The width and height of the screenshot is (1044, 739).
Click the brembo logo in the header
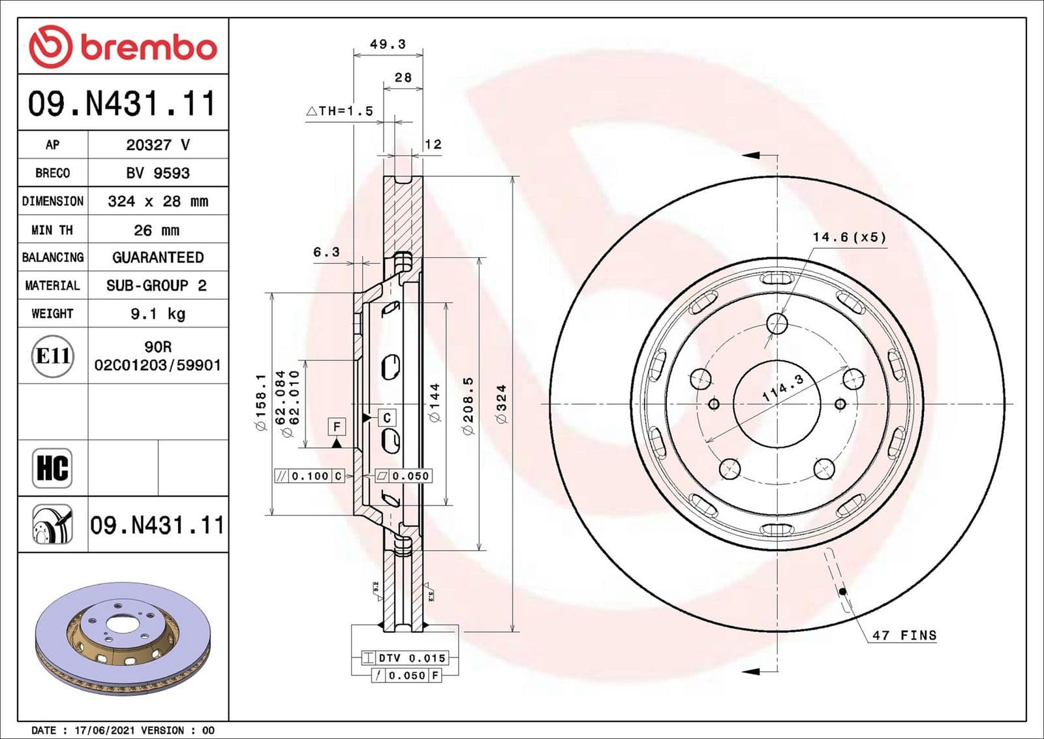click(123, 47)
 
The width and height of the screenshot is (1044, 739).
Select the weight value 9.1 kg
click(158, 314)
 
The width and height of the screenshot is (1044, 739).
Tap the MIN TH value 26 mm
click(157, 230)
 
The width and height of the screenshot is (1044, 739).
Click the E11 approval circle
click(52, 356)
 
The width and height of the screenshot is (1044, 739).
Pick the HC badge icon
click(52, 468)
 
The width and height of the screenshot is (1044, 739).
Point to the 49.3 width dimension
click(388, 44)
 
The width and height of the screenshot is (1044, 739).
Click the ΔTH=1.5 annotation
click(340, 111)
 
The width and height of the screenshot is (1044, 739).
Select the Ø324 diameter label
click(501, 404)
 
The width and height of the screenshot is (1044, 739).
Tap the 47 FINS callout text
click(904, 635)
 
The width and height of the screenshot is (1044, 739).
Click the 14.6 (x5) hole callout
click(850, 237)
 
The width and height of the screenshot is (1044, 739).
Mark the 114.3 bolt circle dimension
click(783, 388)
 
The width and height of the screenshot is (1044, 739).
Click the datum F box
click(337, 427)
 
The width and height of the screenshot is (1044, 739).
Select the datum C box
click(387, 418)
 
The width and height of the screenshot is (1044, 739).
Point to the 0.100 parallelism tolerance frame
click(309, 476)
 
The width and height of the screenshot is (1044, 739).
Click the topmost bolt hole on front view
click(777, 322)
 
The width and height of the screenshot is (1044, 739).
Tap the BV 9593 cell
click(158, 173)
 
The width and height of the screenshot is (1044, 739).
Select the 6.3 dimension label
click(326, 252)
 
